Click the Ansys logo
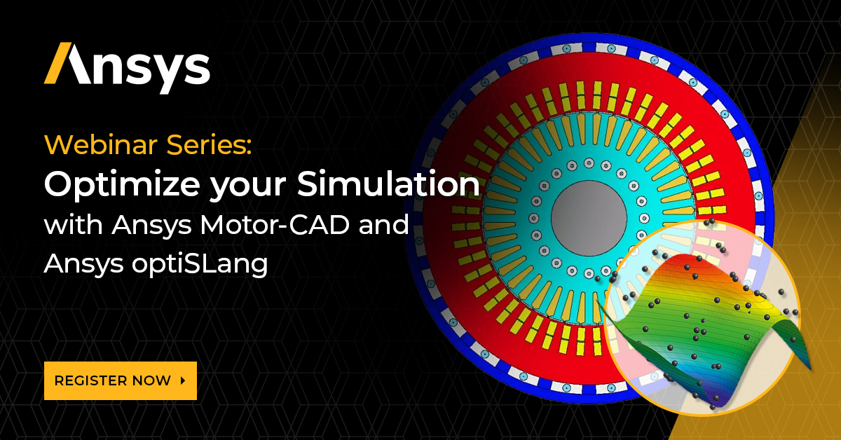127,67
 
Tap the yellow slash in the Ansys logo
57,64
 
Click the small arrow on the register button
183,380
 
